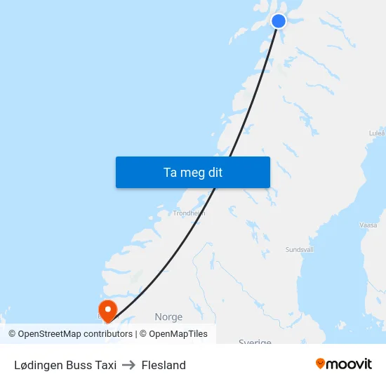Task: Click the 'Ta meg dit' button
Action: [192, 172]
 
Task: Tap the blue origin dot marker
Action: [279, 20]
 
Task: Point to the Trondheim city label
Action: [189, 213]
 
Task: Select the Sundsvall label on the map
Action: [300, 249]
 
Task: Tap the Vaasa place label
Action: [368, 225]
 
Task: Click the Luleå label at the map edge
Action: [377, 132]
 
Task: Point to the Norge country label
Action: [168, 317]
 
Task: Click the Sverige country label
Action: [255, 342]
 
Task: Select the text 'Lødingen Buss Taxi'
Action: [65, 365]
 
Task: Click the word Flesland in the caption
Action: [164, 365]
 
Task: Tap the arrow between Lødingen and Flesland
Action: [129, 365]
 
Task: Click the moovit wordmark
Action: [350, 364]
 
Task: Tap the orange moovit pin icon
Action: [321, 364]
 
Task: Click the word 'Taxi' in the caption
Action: [105, 365]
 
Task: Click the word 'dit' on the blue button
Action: [213, 172]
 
